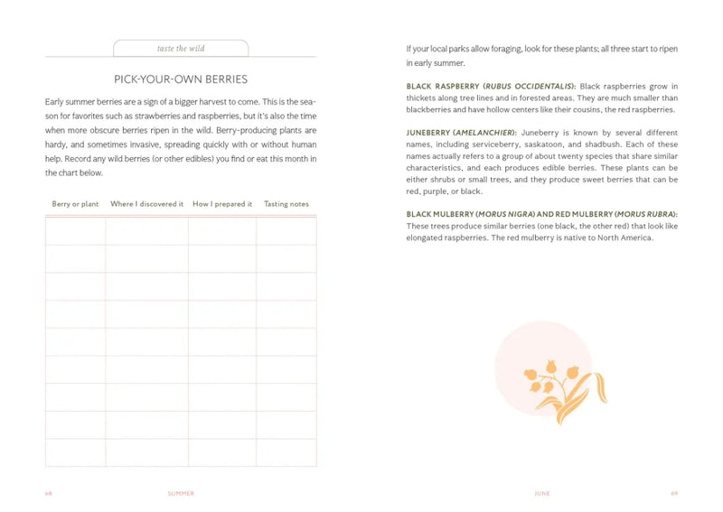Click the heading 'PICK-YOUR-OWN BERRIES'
tap(181, 79)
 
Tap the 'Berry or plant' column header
tap(75, 204)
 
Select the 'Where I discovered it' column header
tap(146, 204)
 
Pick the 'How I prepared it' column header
tap(222, 204)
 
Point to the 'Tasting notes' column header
tap(286, 204)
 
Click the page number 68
tap(49, 494)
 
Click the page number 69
tap(674, 494)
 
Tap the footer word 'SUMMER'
tap(181, 494)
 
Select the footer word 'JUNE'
tap(542, 494)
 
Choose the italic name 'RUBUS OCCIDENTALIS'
tap(528, 87)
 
